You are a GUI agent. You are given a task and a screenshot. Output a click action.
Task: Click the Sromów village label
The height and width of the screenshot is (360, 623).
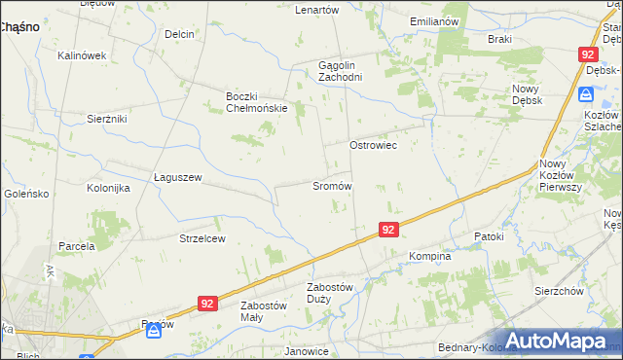pos(331,185)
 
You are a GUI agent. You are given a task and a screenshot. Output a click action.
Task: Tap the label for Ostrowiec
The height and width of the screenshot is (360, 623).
pos(374,144)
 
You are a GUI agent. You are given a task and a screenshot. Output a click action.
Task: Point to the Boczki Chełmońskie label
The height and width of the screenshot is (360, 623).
pos(256,101)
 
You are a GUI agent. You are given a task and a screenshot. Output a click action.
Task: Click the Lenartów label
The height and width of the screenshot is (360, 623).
pos(316,10)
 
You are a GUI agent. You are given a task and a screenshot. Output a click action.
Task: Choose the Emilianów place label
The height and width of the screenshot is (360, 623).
pos(434,21)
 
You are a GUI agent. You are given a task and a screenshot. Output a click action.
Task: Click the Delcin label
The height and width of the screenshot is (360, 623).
pos(180,34)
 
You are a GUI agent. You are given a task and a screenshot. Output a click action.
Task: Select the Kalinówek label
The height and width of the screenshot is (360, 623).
pos(81,55)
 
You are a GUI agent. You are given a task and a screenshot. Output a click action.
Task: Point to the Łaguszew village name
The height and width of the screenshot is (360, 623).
pos(177,177)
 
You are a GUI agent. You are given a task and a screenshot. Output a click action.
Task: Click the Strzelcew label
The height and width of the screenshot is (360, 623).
pos(202,238)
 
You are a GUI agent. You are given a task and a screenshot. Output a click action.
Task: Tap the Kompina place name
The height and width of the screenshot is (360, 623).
pos(429,257)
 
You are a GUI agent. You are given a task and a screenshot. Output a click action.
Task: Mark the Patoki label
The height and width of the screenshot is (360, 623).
pos(489,236)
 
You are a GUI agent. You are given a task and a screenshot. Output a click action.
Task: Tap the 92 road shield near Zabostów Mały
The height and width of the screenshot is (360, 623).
pos(206,304)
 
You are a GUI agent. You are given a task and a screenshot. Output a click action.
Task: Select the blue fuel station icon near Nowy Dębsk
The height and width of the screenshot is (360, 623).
pos(585,94)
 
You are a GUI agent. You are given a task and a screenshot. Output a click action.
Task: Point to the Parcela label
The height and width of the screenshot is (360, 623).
pos(76,246)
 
